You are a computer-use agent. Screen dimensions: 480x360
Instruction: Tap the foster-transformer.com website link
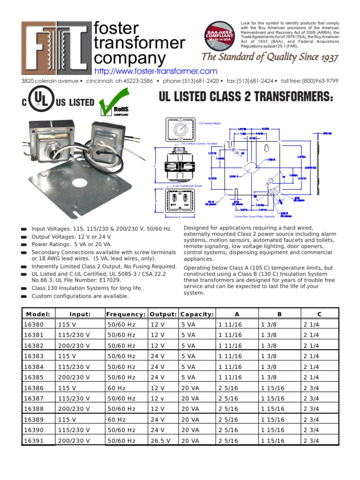pyautogui.click(x=156, y=71)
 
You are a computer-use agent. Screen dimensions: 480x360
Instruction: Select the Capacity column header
pyautogui.click(x=197, y=314)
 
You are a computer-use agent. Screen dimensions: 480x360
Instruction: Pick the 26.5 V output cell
pyautogui.click(x=160, y=441)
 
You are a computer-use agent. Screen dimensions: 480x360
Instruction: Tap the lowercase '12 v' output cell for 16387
pyautogui.click(x=157, y=398)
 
